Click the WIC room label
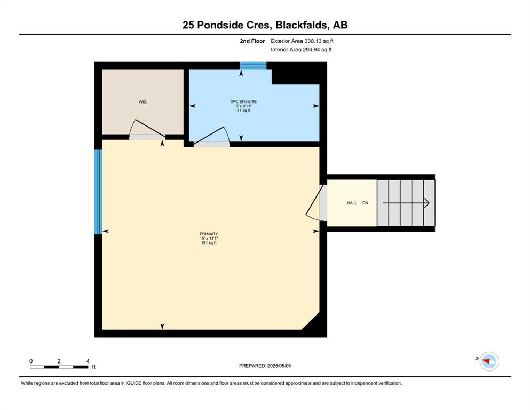[x=143, y=102]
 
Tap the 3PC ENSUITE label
[x=243, y=101]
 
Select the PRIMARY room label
[x=209, y=234]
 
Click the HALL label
[x=352, y=203]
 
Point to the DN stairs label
[x=366, y=203]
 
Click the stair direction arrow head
[x=427, y=203]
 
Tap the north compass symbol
[x=489, y=361]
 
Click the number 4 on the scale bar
[x=88, y=361]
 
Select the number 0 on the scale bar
[x=31, y=361]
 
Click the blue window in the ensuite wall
[x=253, y=66]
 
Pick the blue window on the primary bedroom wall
[x=98, y=192]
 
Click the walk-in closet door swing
[x=147, y=129]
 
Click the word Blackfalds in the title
[x=302, y=25]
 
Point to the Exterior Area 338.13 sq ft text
[x=302, y=41]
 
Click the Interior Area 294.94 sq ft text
[x=301, y=49]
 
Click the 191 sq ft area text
[x=209, y=243]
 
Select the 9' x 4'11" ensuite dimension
[x=243, y=106]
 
